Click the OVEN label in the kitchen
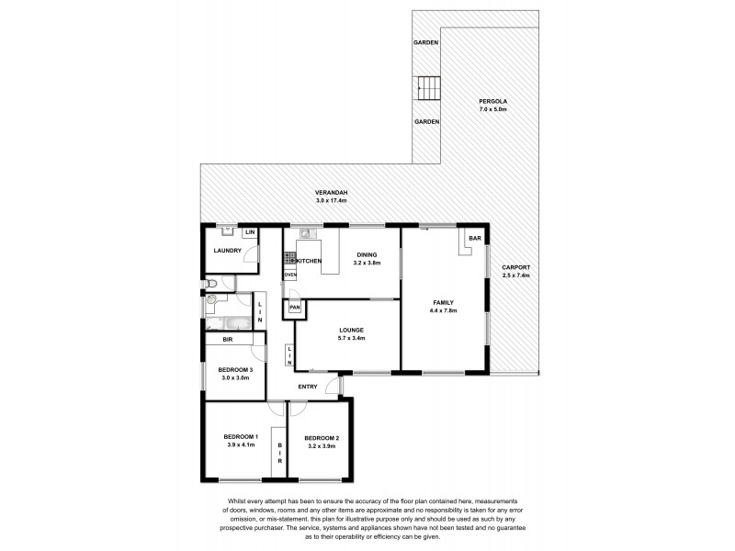point(290,275)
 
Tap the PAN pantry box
point(294,309)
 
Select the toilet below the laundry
point(210,283)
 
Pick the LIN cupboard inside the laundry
point(248,233)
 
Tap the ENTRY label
point(308,387)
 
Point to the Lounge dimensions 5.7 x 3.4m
point(351,338)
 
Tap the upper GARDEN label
point(424,42)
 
